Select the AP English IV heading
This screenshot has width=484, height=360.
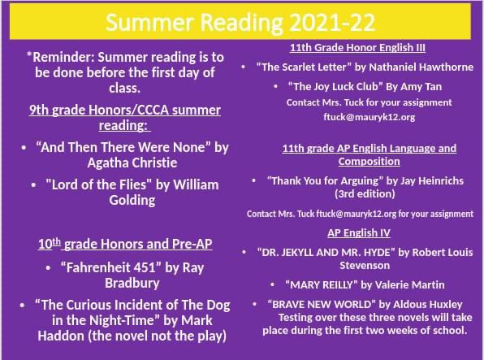coord(360,232)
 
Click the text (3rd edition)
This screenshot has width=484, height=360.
coord(365,194)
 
